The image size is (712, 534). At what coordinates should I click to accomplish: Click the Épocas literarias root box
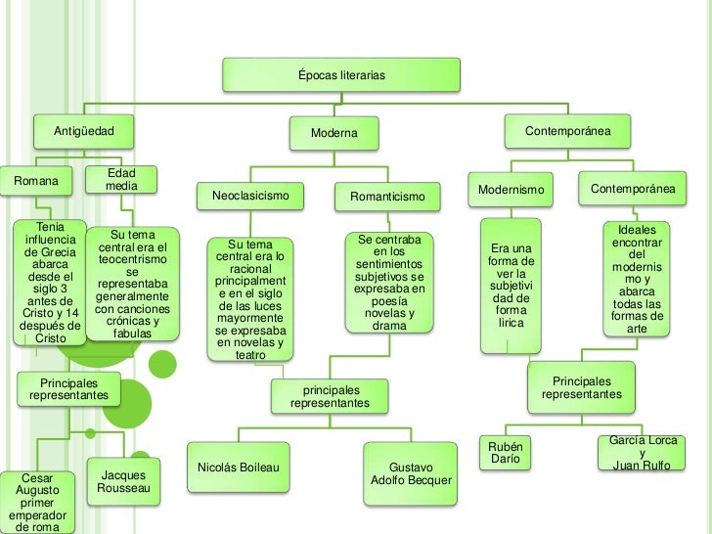(341, 75)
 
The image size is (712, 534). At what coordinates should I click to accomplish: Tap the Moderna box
(334, 132)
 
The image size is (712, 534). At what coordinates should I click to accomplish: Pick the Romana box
(36, 181)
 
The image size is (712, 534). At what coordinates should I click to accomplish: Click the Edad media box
(121, 180)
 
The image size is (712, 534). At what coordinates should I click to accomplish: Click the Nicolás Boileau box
(239, 467)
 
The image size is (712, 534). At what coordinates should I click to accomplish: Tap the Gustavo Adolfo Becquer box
(411, 473)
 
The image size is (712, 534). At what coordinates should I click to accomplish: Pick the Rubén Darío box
(506, 453)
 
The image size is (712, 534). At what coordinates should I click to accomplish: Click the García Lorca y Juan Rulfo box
(643, 453)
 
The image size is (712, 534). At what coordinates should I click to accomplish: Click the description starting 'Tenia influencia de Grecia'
(50, 283)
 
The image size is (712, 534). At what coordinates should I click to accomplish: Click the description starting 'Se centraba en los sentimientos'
(389, 282)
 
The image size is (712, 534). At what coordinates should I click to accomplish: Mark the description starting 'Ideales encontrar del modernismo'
(637, 278)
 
